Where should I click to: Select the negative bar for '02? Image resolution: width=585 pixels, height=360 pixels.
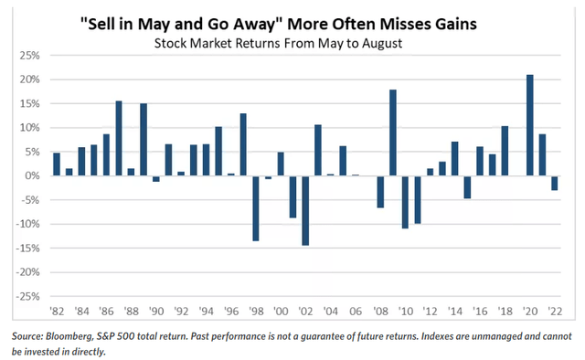point(305,210)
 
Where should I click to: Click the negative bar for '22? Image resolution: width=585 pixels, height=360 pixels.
point(555,183)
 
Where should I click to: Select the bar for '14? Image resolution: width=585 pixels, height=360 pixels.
point(455,159)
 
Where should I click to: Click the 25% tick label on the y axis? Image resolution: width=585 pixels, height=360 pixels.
point(28,56)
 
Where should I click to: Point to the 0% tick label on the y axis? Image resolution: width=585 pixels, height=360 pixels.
point(32,176)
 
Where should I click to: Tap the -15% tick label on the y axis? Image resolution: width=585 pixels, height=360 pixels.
point(27,249)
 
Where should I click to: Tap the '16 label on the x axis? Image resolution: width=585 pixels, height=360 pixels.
point(479,310)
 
